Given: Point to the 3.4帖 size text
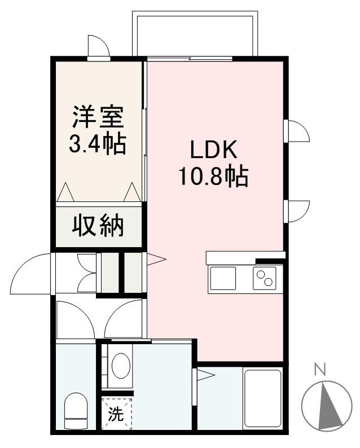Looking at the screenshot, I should [97, 145].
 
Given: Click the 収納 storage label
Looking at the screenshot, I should [97, 226].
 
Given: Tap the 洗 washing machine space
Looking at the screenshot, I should [116, 415].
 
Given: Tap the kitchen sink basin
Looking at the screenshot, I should [223, 278].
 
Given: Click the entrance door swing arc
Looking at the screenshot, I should [31, 274].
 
